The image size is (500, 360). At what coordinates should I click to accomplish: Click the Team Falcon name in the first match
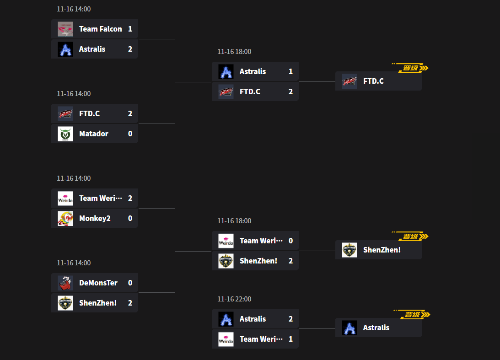click(100, 29)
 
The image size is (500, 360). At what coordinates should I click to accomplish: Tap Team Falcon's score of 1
click(130, 29)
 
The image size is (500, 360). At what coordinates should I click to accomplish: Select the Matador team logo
click(65, 134)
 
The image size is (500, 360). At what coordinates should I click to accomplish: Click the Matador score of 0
click(130, 134)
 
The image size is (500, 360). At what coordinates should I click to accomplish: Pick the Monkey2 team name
click(95, 218)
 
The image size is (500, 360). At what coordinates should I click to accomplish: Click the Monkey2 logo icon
click(65, 219)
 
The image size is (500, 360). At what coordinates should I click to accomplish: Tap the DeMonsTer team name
click(98, 283)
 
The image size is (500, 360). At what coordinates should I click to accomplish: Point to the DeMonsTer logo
click(65, 283)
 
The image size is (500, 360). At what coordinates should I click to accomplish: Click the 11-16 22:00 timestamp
click(234, 299)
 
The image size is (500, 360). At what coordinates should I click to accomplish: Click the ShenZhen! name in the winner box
click(382, 250)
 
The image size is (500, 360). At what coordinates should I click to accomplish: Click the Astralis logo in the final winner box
click(349, 328)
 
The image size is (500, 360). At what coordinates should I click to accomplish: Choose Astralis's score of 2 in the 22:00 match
click(290, 319)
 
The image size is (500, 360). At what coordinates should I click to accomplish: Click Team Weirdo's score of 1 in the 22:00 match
click(290, 339)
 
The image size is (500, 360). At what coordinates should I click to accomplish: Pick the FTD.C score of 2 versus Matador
click(130, 113)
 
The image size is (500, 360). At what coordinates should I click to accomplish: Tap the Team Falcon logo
click(65, 29)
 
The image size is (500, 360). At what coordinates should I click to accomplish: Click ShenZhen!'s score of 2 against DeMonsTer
click(130, 303)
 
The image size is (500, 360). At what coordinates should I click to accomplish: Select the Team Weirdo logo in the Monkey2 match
click(65, 199)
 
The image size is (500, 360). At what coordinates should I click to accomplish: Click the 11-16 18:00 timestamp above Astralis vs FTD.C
click(234, 52)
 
